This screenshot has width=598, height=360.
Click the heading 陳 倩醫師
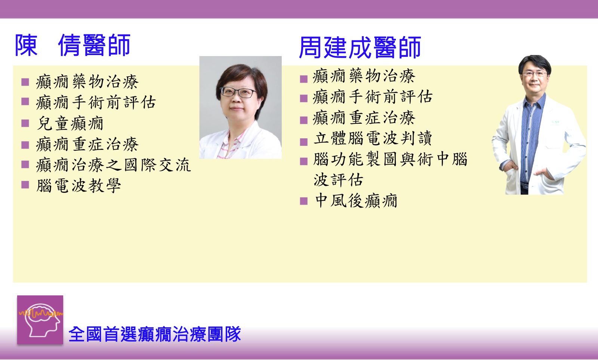tap(73, 45)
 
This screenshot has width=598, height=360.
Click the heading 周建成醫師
tap(360, 47)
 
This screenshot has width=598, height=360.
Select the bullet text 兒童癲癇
tap(70, 123)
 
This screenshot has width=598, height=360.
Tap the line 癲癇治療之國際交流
tap(114, 165)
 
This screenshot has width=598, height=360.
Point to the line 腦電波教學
tap(79, 186)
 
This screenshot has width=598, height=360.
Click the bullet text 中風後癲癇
tap(356, 201)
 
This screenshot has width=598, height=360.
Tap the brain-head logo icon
tap(40, 320)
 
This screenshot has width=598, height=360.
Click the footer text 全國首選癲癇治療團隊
tap(155, 334)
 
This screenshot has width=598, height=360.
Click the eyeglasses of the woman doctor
tap(238, 92)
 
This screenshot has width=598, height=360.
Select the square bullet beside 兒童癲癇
tap(25, 123)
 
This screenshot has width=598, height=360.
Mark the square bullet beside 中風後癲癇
tap(304, 201)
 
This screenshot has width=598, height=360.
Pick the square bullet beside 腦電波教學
tap(25, 185)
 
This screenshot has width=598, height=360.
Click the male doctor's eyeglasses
tap(534, 74)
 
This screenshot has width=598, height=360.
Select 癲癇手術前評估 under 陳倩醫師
tap(96, 102)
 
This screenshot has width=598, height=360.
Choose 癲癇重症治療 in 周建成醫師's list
tap(364, 117)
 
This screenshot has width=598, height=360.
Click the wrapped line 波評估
tap(338, 179)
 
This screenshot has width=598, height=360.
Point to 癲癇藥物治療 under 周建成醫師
tap(364, 76)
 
